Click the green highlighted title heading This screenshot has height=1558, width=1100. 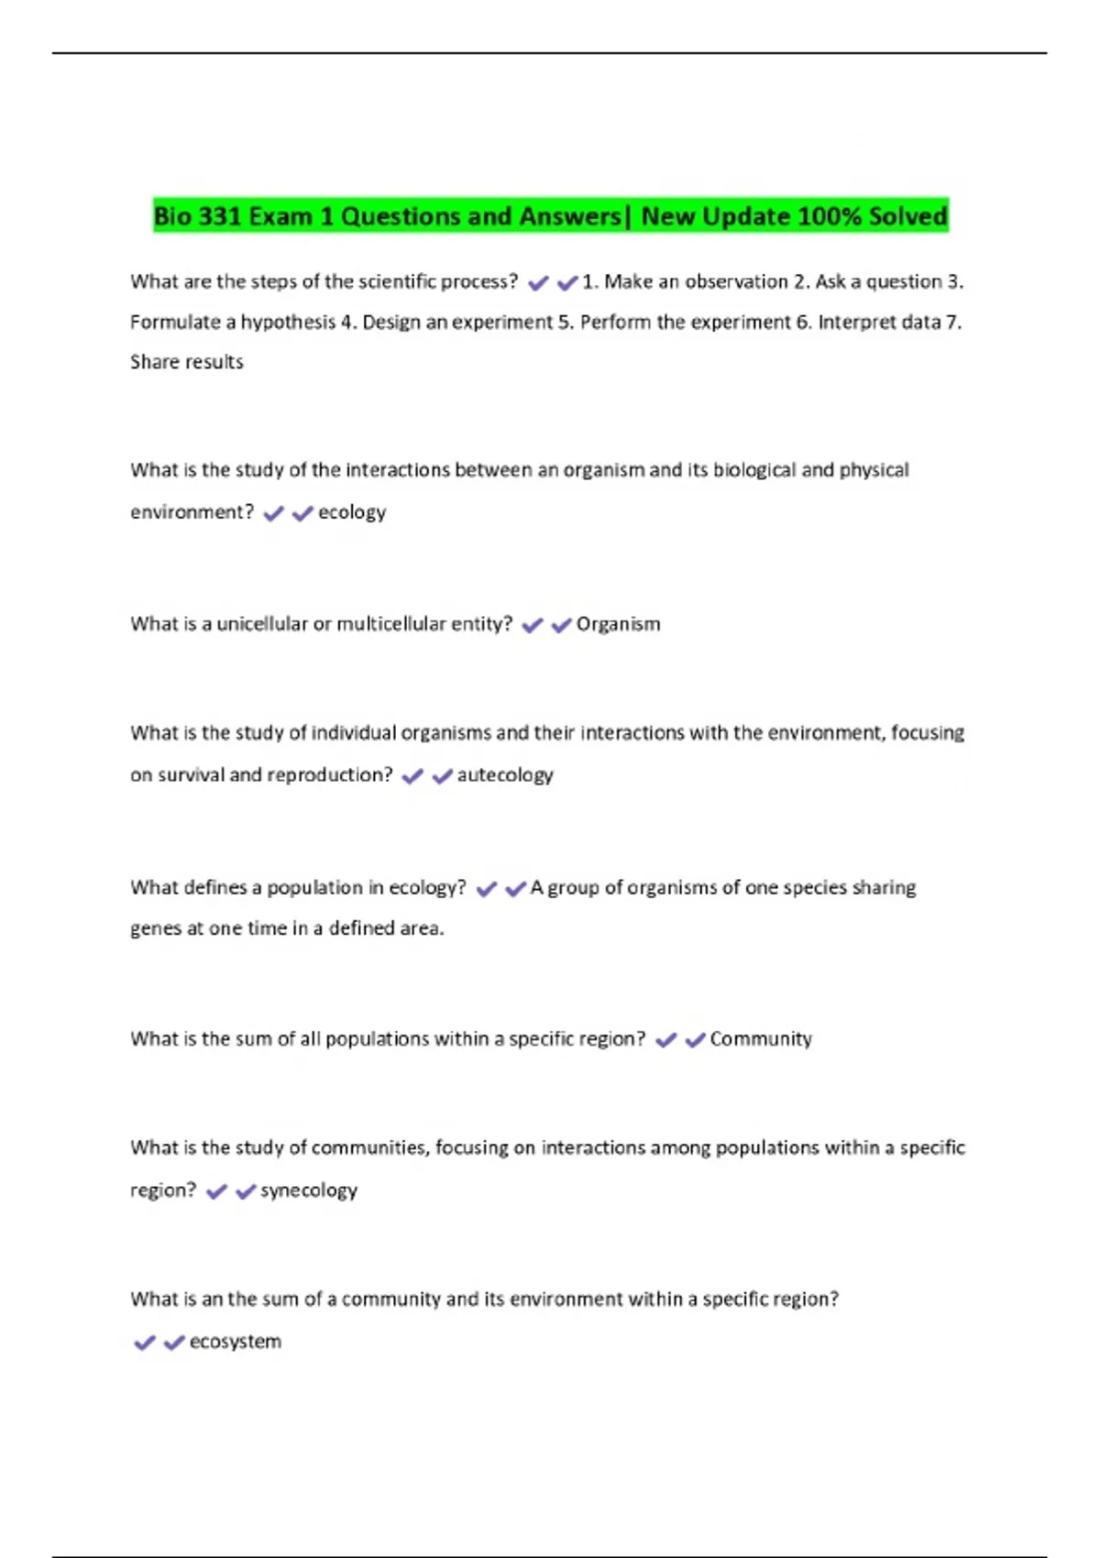pos(550,216)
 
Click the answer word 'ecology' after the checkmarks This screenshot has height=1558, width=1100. pos(352,512)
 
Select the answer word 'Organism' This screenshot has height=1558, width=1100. pos(618,624)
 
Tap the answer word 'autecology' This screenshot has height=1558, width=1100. pos(505,775)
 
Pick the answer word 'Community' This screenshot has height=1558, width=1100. pos(761,1039)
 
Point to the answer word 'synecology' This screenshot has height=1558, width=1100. pos(309,1190)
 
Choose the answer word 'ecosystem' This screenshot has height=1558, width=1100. pos(236,1342)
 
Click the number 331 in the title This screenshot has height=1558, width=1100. pos(219,216)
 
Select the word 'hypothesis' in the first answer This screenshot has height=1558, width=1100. pos(288,323)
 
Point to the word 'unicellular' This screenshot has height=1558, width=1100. pos(262,624)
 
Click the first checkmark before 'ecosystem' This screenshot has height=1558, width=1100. pos(145,1343)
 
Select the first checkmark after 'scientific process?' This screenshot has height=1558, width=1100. pos(538,283)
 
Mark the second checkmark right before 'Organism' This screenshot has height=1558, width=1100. pos(561,625)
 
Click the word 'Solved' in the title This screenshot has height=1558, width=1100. pos(907,216)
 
